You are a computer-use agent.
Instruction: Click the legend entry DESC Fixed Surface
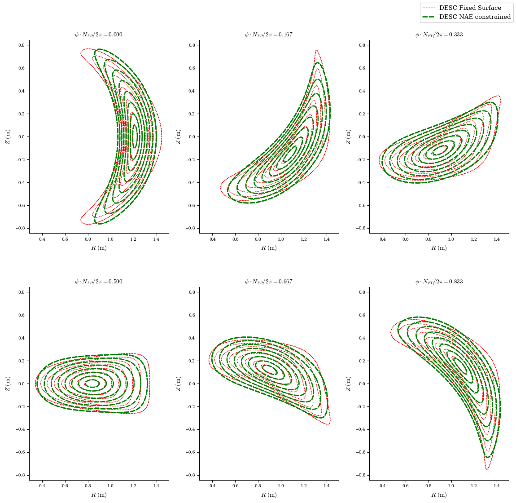point(470,8)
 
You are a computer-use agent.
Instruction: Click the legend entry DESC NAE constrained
point(474,17)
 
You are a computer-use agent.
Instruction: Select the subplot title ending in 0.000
point(98,35)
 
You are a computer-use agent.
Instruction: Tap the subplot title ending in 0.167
point(268,35)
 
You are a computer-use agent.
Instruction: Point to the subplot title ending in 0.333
point(438,35)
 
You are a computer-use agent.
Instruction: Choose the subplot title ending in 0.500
point(98,282)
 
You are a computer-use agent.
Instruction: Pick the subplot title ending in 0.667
point(268,282)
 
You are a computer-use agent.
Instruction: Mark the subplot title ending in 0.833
point(438,282)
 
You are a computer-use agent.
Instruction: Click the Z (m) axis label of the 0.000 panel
point(8,137)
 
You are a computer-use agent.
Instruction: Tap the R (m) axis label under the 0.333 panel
point(438,248)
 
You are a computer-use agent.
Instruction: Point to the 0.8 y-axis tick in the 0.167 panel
point(192,45)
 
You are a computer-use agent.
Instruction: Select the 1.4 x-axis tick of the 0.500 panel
point(156,485)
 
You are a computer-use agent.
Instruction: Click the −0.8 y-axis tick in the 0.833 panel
point(360,475)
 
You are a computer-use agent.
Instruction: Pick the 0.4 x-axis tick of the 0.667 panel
point(212,485)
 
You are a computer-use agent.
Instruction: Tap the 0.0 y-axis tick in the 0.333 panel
point(362,137)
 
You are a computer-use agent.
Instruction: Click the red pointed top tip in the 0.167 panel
point(316,50)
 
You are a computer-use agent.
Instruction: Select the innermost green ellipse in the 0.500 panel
point(92,383)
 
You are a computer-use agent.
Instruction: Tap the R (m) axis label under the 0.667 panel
point(268,495)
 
